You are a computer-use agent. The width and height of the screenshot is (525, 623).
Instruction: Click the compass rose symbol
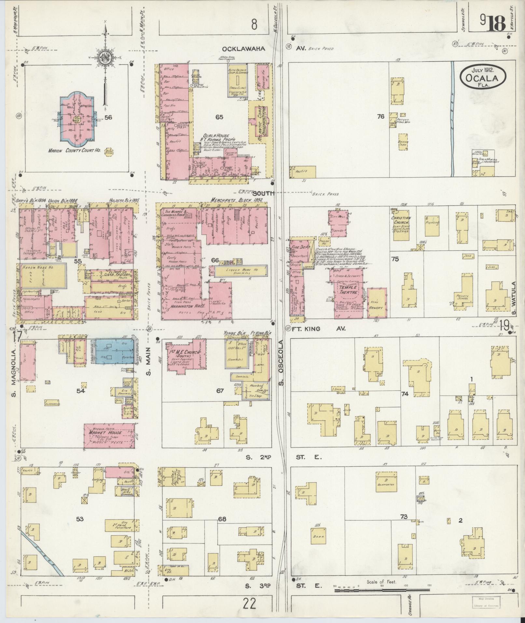[x=105, y=57]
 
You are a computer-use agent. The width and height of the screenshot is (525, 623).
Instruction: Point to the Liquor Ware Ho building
[x=238, y=270]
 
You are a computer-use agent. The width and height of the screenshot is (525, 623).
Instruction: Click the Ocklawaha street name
[x=244, y=49]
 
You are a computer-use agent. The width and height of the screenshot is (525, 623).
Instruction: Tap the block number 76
[x=380, y=116]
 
